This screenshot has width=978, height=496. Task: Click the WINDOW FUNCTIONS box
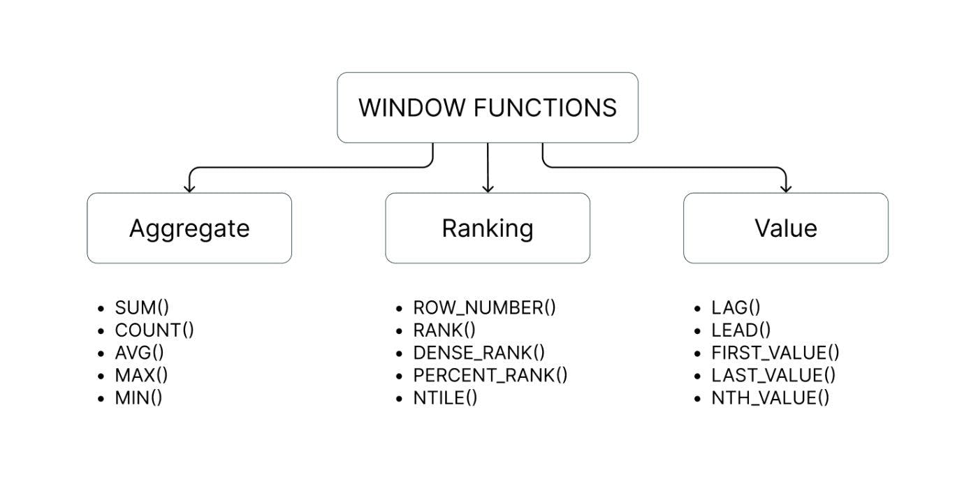(488, 108)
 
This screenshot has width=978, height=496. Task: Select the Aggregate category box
(189, 228)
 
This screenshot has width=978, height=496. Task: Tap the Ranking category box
(488, 228)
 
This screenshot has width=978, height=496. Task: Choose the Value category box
(786, 228)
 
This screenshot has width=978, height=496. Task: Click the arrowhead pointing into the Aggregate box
(189, 188)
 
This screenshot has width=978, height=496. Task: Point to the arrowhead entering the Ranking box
(488, 188)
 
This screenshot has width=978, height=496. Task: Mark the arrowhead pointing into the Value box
(786, 188)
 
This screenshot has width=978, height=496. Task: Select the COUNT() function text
(154, 330)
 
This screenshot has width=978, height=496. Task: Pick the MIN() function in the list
(138, 398)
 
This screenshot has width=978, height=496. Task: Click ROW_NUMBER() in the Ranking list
(484, 308)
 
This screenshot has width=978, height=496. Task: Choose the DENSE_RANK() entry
(479, 353)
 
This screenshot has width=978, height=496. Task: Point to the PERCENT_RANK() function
(490, 376)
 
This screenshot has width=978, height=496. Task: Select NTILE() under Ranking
(445, 398)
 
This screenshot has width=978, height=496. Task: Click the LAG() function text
(736, 308)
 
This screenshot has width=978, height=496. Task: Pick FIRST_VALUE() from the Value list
(775, 353)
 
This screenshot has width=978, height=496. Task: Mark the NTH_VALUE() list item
(770, 398)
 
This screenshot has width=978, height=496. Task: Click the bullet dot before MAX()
(102, 376)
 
